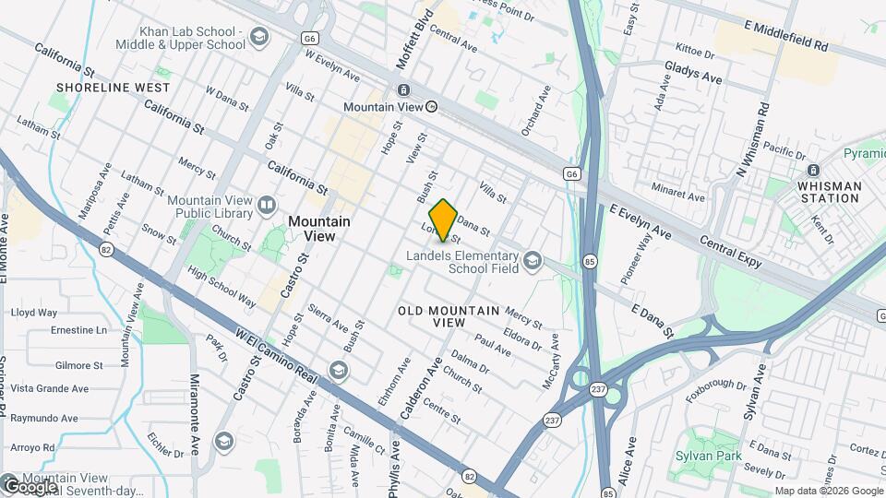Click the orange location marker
(x=443, y=219)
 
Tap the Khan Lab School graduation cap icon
(x=259, y=37)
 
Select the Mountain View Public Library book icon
(x=268, y=205)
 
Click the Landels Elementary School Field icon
(x=532, y=262)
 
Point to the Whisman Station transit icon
(x=813, y=170)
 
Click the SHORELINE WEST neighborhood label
(x=113, y=88)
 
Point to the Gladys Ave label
(x=693, y=72)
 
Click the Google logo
(x=30, y=485)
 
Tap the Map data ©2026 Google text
(x=828, y=491)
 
